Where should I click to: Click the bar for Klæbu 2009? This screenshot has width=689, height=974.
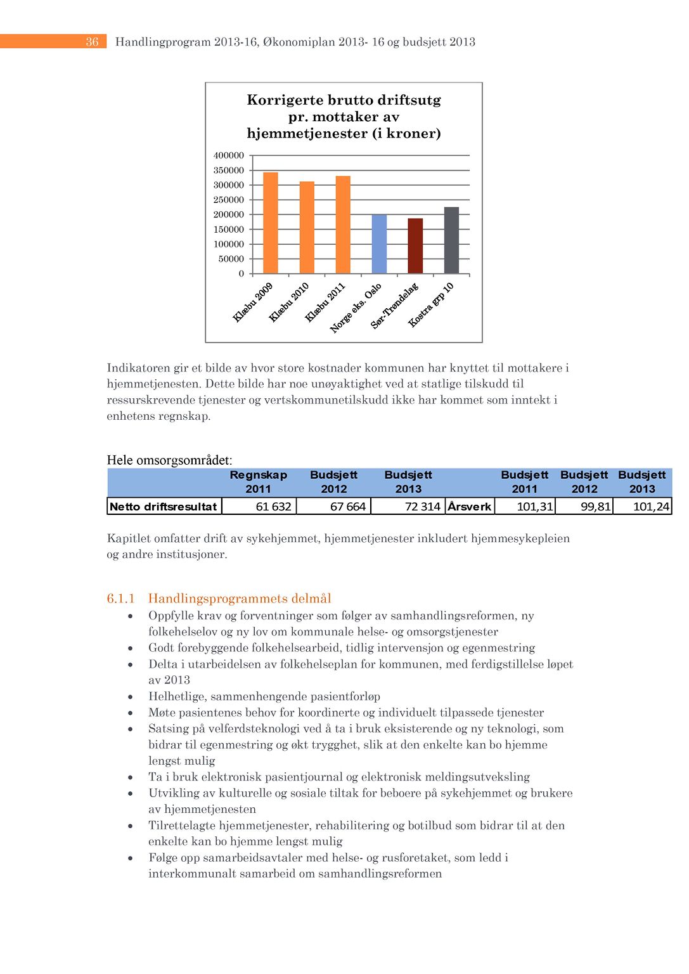271,223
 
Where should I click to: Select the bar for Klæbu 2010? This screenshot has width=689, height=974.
307,228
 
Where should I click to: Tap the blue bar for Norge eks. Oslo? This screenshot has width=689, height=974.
379,244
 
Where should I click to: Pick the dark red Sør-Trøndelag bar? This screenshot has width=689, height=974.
415,246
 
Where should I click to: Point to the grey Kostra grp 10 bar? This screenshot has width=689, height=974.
451,240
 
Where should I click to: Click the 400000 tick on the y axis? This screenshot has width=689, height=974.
229,155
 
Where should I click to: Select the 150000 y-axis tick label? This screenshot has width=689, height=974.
229,230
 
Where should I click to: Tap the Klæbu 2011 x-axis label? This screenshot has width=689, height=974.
326,302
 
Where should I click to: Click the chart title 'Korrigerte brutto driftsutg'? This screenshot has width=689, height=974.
344,100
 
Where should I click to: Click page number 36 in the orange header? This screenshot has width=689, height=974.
93,42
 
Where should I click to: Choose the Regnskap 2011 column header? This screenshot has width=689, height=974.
258,482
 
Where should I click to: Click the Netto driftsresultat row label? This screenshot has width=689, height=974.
164,507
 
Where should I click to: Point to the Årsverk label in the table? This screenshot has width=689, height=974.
470,507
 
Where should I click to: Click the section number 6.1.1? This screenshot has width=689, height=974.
121,599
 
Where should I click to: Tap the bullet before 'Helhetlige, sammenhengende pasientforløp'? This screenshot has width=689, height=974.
131,697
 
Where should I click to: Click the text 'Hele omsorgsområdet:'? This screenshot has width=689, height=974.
169,460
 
